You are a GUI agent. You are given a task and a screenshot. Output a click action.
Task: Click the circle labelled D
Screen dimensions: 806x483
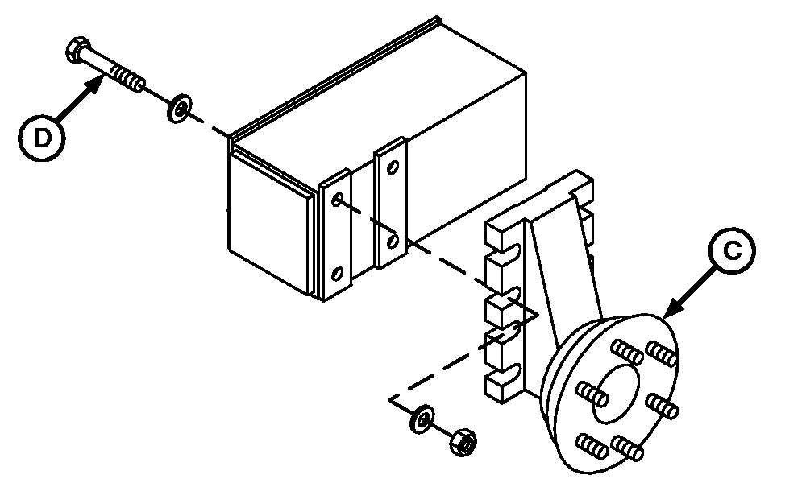(x=42, y=138)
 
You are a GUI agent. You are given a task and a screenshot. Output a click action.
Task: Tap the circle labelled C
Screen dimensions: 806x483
(x=732, y=250)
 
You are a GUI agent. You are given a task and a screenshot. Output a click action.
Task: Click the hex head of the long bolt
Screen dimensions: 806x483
(x=78, y=50)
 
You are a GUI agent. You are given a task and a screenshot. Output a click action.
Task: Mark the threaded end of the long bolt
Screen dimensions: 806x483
(x=127, y=78)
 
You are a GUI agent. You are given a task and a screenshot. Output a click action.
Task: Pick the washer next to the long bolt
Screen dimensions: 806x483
(x=180, y=109)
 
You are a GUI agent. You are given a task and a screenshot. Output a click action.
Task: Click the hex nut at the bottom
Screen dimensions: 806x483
(x=463, y=441)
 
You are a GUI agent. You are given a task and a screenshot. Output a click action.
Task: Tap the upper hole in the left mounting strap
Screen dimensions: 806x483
(x=337, y=199)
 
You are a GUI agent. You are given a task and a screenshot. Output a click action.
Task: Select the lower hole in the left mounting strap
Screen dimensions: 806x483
(x=337, y=274)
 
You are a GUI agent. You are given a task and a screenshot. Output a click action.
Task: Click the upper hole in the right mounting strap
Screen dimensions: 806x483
(x=393, y=167)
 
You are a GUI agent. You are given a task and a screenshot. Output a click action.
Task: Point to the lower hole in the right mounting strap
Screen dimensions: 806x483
(x=393, y=242)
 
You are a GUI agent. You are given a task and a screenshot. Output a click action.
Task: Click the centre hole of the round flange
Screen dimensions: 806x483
(x=615, y=394)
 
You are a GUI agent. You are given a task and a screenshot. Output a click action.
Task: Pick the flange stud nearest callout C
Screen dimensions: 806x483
(x=662, y=353)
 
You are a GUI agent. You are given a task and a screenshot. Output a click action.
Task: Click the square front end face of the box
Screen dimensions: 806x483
(x=269, y=224)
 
